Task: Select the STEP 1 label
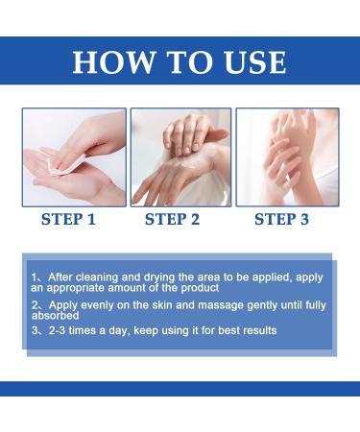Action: (68, 219)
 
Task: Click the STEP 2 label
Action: (172, 219)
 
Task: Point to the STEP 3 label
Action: (281, 219)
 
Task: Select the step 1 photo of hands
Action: (74, 156)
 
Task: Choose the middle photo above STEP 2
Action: (180, 156)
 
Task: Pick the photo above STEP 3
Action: (285, 156)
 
